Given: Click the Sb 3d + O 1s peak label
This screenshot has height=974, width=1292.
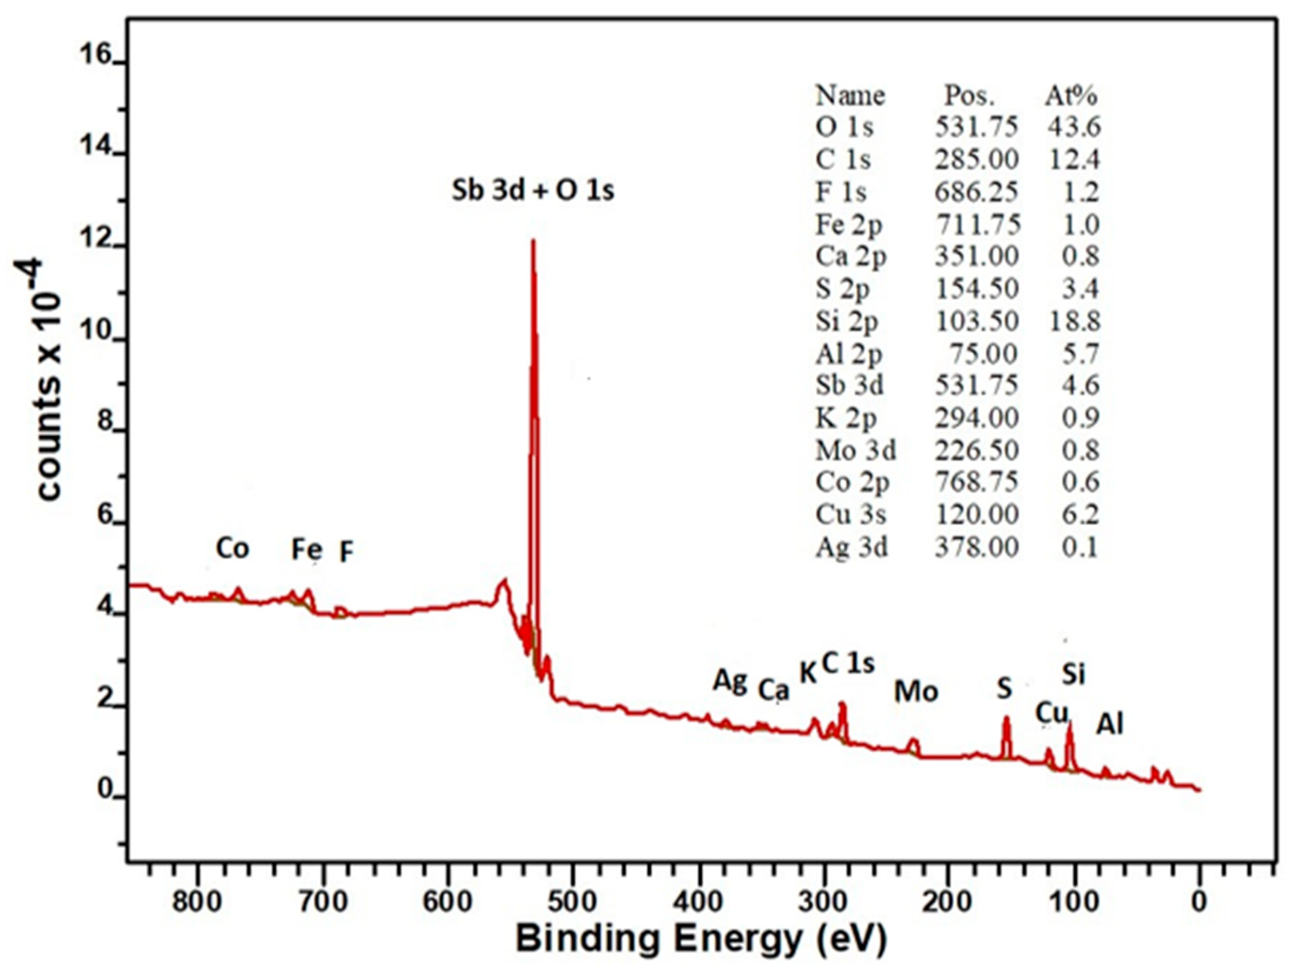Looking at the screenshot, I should coord(533,190).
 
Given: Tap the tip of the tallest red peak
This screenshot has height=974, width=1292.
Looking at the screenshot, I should coord(533,241).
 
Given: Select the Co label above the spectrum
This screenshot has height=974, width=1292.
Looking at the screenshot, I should coord(232,548).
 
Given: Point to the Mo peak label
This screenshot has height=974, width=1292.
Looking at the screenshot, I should coord(916,692).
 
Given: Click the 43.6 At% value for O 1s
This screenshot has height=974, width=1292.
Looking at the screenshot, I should coord(1074,127).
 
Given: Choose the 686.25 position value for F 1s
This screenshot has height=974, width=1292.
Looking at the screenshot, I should coord(976,192).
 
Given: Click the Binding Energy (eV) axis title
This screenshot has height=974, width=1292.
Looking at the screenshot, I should coord(701,939).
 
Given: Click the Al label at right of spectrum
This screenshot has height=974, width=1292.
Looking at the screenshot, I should coord(1109,724).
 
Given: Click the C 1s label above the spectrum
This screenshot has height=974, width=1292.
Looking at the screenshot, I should coord(848,663).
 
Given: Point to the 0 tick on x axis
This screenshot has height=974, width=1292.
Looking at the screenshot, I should coord(1199,902).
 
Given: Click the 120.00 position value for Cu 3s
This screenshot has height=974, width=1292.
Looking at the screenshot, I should coord(977,515).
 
